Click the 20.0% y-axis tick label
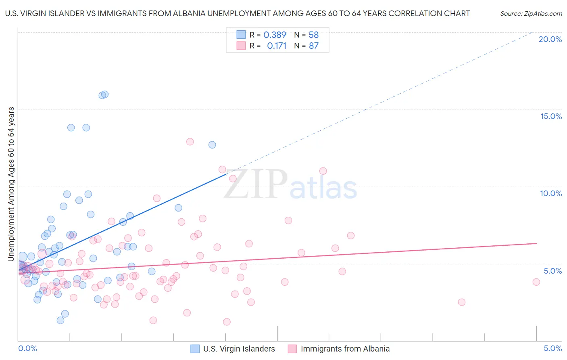(550, 39)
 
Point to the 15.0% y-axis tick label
(551, 116)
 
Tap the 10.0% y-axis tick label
(551, 193)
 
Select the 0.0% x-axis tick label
(27, 348)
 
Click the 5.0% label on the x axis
(552, 348)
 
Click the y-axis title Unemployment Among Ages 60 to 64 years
(11, 184)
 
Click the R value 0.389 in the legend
(275, 35)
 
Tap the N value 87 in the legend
(314, 46)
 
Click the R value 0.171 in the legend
(277, 46)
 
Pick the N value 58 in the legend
(314, 35)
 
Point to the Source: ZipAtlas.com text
(531, 13)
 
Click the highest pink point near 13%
(190, 142)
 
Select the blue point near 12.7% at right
(212, 145)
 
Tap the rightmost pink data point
(536, 282)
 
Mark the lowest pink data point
(227, 322)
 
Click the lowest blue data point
(60, 320)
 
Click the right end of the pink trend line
(536, 243)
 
